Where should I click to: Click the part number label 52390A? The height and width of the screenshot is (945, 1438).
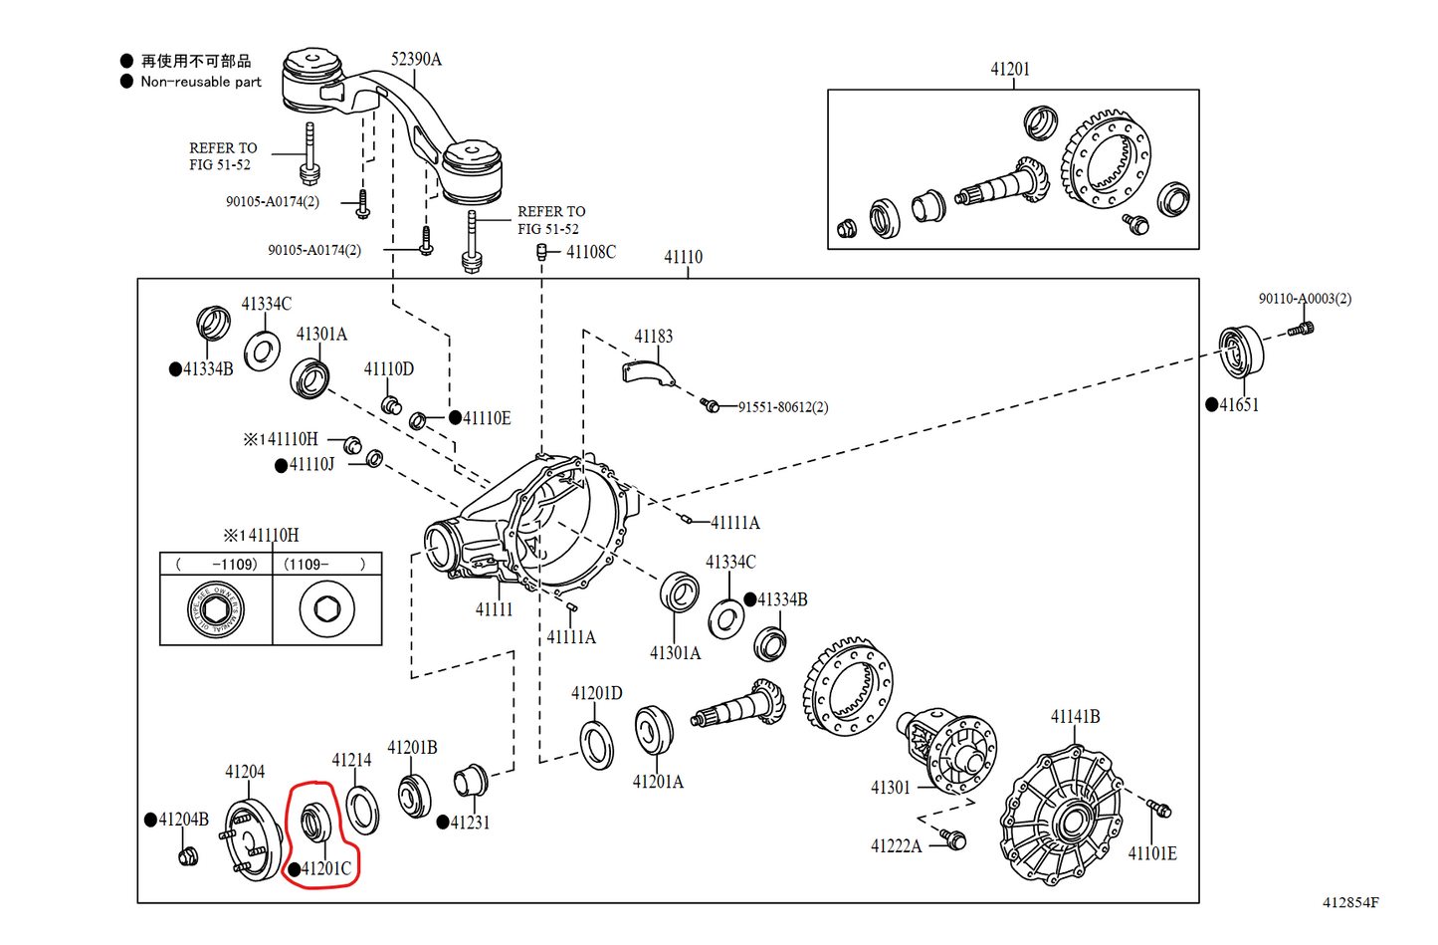pyautogui.click(x=416, y=60)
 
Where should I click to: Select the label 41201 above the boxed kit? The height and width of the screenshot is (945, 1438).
pyautogui.click(x=1010, y=69)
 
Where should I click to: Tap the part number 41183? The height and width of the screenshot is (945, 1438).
pyautogui.click(x=653, y=337)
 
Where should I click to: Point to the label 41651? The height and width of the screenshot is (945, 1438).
pyautogui.click(x=1239, y=405)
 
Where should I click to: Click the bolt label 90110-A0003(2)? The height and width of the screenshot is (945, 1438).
pyautogui.click(x=1305, y=299)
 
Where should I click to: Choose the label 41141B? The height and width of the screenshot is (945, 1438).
pyautogui.click(x=1075, y=717)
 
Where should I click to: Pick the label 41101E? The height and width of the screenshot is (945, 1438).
pyautogui.click(x=1151, y=853)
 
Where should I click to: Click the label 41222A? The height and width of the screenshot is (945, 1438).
pyautogui.click(x=896, y=846)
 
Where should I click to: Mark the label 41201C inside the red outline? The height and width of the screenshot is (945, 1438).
pyautogui.click(x=326, y=868)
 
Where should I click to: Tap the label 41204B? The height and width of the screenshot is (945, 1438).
pyautogui.click(x=183, y=820)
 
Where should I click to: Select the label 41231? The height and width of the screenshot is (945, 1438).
pyautogui.click(x=470, y=823)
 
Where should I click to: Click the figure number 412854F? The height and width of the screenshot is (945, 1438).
pyautogui.click(x=1350, y=903)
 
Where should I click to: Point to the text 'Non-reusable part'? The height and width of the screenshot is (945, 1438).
pyautogui.click(x=201, y=83)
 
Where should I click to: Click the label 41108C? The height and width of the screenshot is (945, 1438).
pyautogui.click(x=591, y=252)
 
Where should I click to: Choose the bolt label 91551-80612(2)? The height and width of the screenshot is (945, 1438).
pyautogui.click(x=783, y=407)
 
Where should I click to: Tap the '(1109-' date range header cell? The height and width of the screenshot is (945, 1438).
pyautogui.click(x=326, y=565)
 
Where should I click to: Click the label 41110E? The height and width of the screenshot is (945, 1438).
pyautogui.click(x=487, y=418)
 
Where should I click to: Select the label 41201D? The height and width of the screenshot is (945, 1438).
pyautogui.click(x=597, y=693)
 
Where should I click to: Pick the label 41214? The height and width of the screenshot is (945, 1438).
pyautogui.click(x=351, y=761)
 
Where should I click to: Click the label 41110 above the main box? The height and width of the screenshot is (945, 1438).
pyautogui.click(x=683, y=257)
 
